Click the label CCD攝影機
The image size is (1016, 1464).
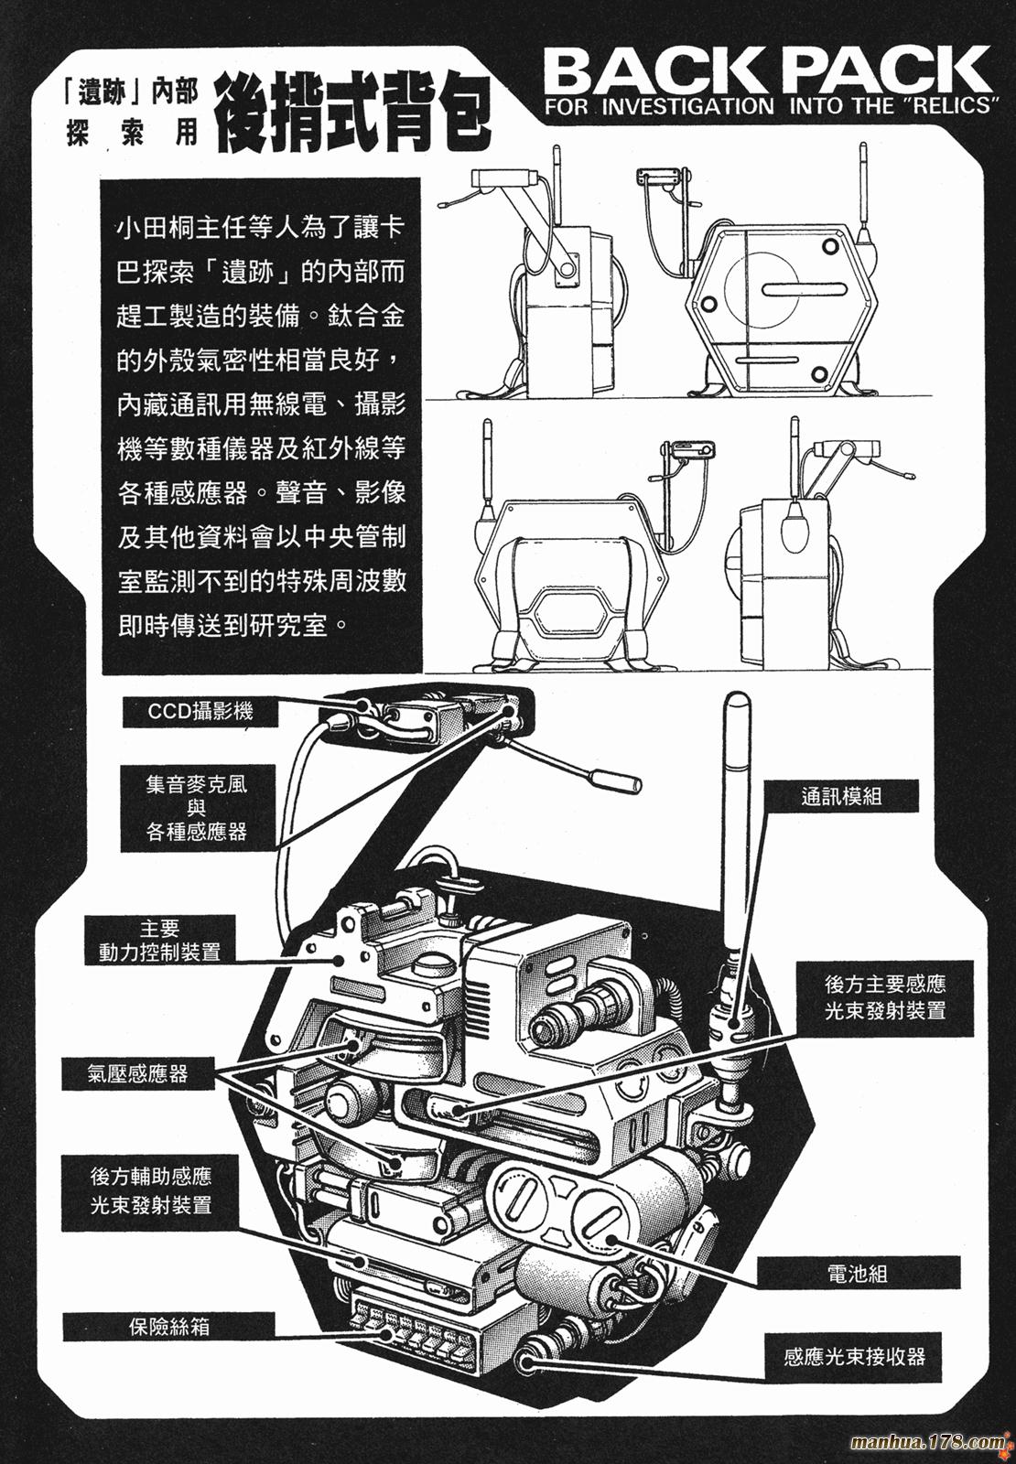200,711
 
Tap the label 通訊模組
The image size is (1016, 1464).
840,796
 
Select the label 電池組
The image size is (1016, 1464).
857,1273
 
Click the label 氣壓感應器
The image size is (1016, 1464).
137,1073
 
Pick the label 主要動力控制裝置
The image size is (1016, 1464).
159,940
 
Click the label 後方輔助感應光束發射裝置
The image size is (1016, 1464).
151,1190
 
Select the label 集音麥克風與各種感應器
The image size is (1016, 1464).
196,808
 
